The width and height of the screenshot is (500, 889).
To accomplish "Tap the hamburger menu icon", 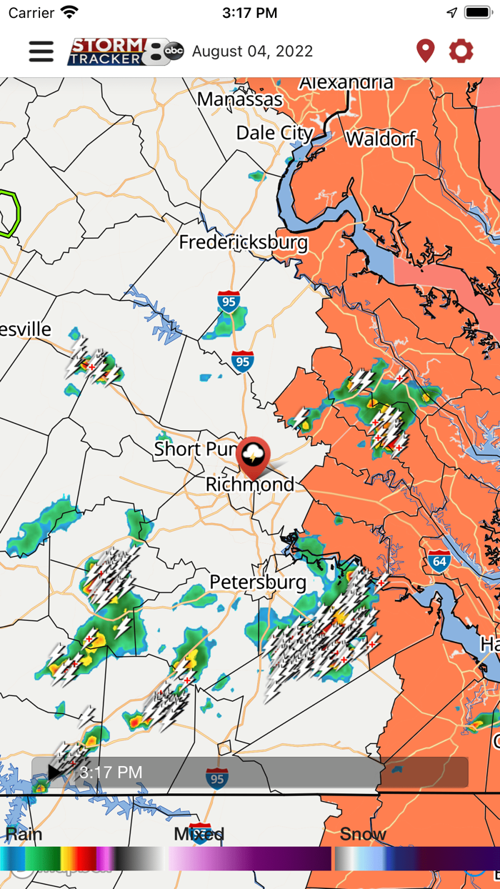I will pyautogui.click(x=41, y=51).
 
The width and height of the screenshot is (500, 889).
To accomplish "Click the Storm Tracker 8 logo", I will pyautogui.click(x=125, y=51).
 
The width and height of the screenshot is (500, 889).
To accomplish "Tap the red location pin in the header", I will pyautogui.click(x=425, y=51).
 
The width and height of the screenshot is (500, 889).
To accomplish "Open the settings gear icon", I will pyautogui.click(x=461, y=51).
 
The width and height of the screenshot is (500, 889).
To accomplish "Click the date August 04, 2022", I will pyautogui.click(x=252, y=51).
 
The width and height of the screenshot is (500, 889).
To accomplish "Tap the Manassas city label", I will pyautogui.click(x=240, y=99).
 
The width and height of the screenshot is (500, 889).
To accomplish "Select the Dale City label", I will pyautogui.click(x=274, y=133).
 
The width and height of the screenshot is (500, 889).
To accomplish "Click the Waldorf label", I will pyautogui.click(x=381, y=138).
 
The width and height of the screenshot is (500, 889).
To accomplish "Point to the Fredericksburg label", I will pyautogui.click(x=244, y=242).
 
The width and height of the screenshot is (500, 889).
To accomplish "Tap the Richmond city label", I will pyautogui.click(x=250, y=485).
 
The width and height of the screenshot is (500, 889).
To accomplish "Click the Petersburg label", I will pyautogui.click(x=258, y=582).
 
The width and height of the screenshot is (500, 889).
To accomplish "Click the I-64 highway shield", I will pyautogui.click(x=439, y=560).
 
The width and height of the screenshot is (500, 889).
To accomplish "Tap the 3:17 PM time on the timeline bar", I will pyautogui.click(x=111, y=773).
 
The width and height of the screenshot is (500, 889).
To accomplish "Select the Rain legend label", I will pyautogui.click(x=24, y=834).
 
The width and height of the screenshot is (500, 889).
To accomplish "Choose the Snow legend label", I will pyautogui.click(x=363, y=834).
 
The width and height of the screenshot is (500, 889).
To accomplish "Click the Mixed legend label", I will pyautogui.click(x=199, y=834).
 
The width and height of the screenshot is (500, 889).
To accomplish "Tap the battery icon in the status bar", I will pyautogui.click(x=478, y=13).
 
